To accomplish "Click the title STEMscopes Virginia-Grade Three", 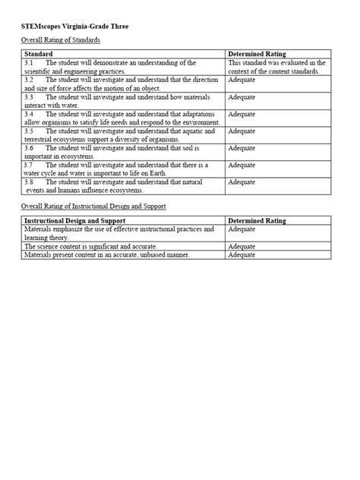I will point(74,26).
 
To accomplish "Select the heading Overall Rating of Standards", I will point(60,39).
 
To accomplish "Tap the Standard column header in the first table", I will point(39,55).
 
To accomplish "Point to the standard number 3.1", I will point(29,63).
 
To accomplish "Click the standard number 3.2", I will point(29,80).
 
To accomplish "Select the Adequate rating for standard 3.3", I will point(242,97).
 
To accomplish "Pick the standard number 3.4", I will point(29,114).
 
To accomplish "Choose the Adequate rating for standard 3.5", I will point(242,131).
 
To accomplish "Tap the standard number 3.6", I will point(29,148).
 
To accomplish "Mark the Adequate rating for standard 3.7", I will point(242,165).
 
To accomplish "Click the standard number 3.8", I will point(29,182).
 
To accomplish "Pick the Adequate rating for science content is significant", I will point(242,246).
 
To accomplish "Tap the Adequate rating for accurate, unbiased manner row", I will point(242,255).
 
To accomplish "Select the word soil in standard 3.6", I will point(210,148).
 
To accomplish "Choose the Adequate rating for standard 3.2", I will point(242,80).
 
